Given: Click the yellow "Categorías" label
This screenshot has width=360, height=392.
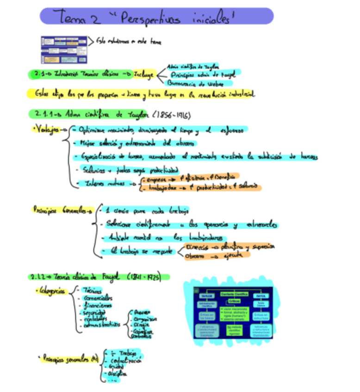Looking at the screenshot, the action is pos(50,291).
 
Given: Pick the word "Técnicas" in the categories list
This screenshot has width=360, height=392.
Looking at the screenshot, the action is pos(91,290).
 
